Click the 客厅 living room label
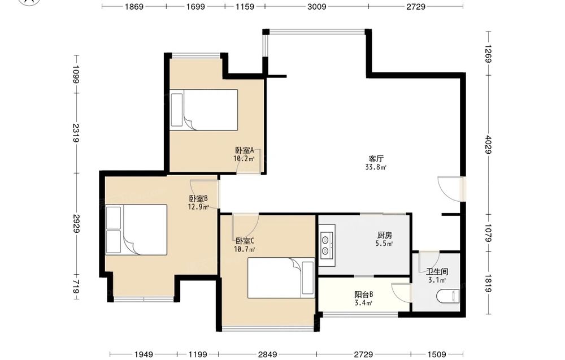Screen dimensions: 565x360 376,159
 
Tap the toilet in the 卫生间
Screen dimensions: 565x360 448,296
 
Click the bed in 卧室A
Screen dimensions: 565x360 204,110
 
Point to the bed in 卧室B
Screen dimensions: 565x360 137,230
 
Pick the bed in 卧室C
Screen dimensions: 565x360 281,278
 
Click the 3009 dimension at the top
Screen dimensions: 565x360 317,6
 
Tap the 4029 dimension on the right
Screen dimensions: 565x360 489,145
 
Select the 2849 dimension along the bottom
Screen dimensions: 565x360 267,354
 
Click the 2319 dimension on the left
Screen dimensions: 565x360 76,133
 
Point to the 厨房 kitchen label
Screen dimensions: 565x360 384,235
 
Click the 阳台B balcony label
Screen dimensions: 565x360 363,294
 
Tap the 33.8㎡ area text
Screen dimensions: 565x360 376,167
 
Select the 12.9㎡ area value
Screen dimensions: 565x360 198,207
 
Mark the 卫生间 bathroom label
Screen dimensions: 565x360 437,272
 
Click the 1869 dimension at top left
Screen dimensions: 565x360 134,6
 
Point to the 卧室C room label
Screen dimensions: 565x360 245,241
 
